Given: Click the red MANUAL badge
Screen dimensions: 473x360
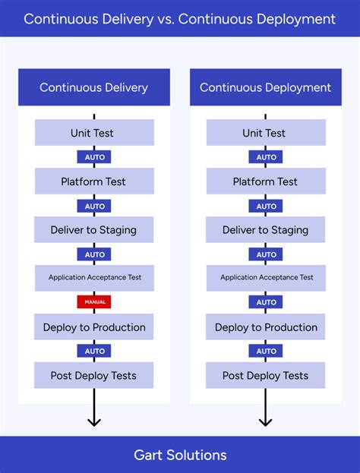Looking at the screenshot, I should [x=94, y=302].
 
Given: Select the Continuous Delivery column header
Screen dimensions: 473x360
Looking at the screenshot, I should [x=94, y=87].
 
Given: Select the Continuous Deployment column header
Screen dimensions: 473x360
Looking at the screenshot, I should [x=265, y=87].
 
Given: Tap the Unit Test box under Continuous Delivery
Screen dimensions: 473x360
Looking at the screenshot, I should [x=94, y=133].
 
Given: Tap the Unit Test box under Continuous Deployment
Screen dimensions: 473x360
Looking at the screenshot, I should [x=265, y=133].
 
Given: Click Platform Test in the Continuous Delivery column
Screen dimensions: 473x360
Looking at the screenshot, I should [x=94, y=181].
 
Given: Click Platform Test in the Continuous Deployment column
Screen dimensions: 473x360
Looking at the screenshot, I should [x=265, y=181].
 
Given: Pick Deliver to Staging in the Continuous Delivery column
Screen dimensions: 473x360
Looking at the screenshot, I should [x=94, y=230].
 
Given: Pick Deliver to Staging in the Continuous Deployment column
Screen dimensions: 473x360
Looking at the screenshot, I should [x=265, y=230].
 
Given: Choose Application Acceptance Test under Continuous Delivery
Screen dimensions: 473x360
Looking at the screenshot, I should [x=94, y=278].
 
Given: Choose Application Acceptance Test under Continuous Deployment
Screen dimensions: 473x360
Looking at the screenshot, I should [x=265, y=278].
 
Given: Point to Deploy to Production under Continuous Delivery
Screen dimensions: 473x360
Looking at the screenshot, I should [x=94, y=327].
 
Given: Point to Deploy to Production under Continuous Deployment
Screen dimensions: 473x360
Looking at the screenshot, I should [x=265, y=327].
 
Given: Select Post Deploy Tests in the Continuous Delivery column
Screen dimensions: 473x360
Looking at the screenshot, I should [x=94, y=376].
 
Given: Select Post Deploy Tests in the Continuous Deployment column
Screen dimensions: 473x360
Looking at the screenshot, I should [x=265, y=376].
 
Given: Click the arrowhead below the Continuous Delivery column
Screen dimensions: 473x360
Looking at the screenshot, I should [x=94, y=421].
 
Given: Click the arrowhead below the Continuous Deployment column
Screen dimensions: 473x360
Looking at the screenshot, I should [x=265, y=421].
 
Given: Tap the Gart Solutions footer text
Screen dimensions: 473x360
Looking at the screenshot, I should [x=180, y=455].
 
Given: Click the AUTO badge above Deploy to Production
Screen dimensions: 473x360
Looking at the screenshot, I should [x=266, y=302].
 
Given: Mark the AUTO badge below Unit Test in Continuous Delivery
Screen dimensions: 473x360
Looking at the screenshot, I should [x=94, y=157].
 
